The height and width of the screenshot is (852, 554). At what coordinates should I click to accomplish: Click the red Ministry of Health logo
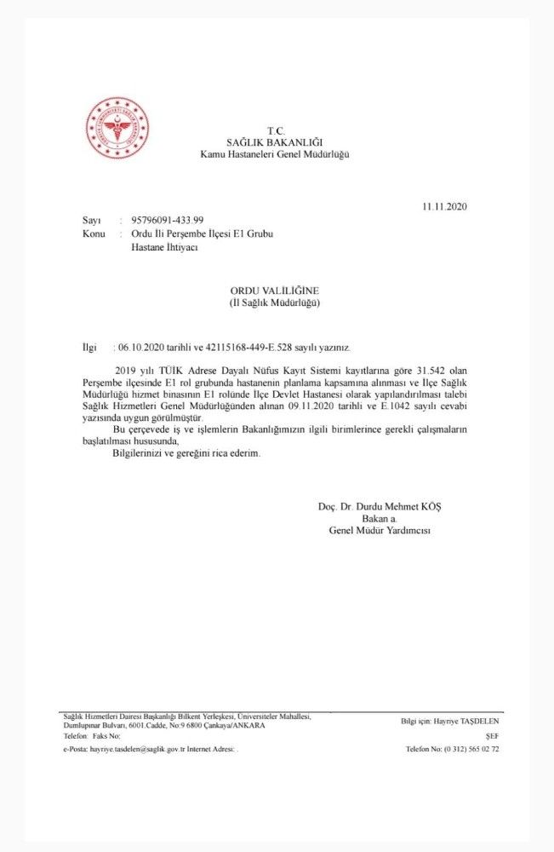(x=117, y=128)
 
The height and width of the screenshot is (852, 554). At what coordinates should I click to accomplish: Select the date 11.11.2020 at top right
(x=444, y=206)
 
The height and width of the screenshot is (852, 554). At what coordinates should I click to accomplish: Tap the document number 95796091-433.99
(x=168, y=221)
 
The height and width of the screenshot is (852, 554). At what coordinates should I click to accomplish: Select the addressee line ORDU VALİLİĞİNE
(x=274, y=291)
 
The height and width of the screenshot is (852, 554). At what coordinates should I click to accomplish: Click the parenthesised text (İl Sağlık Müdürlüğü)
(x=274, y=302)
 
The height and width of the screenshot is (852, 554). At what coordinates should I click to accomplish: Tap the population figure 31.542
(x=436, y=373)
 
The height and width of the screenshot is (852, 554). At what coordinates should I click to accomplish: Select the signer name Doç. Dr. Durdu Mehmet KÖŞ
(x=380, y=506)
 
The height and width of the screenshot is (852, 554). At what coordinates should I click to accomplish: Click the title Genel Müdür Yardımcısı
(x=380, y=530)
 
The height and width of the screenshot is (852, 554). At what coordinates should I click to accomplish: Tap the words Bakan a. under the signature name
(x=380, y=518)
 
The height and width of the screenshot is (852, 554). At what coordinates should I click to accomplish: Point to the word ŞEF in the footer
(x=491, y=734)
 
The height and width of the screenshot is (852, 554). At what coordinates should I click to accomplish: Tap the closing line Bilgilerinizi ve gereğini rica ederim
(x=186, y=452)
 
